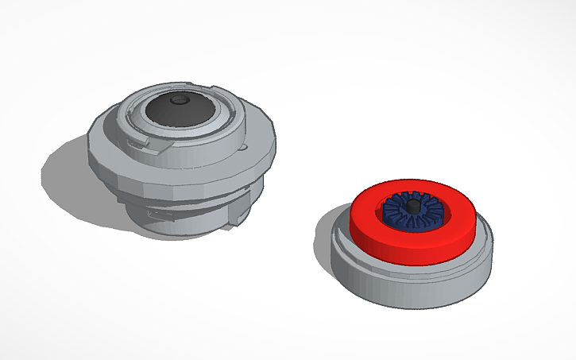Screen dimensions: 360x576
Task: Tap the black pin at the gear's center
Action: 413,207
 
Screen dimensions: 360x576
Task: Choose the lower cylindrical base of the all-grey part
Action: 191,223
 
